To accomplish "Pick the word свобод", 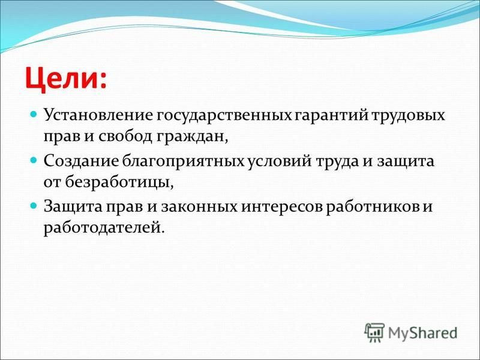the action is pyautogui.click(x=125, y=137).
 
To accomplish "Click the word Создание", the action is pyautogui.click(x=81, y=161).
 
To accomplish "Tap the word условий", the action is pyautogui.click(x=279, y=161).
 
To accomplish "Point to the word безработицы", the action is pyautogui.click(x=119, y=183).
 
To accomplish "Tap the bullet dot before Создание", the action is pyautogui.click(x=34, y=160).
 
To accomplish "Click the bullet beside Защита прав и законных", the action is pyautogui.click(x=34, y=205).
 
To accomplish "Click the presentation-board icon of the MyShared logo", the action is pyautogui.click(x=374, y=332).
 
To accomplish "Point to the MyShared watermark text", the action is pyautogui.click(x=422, y=333).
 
